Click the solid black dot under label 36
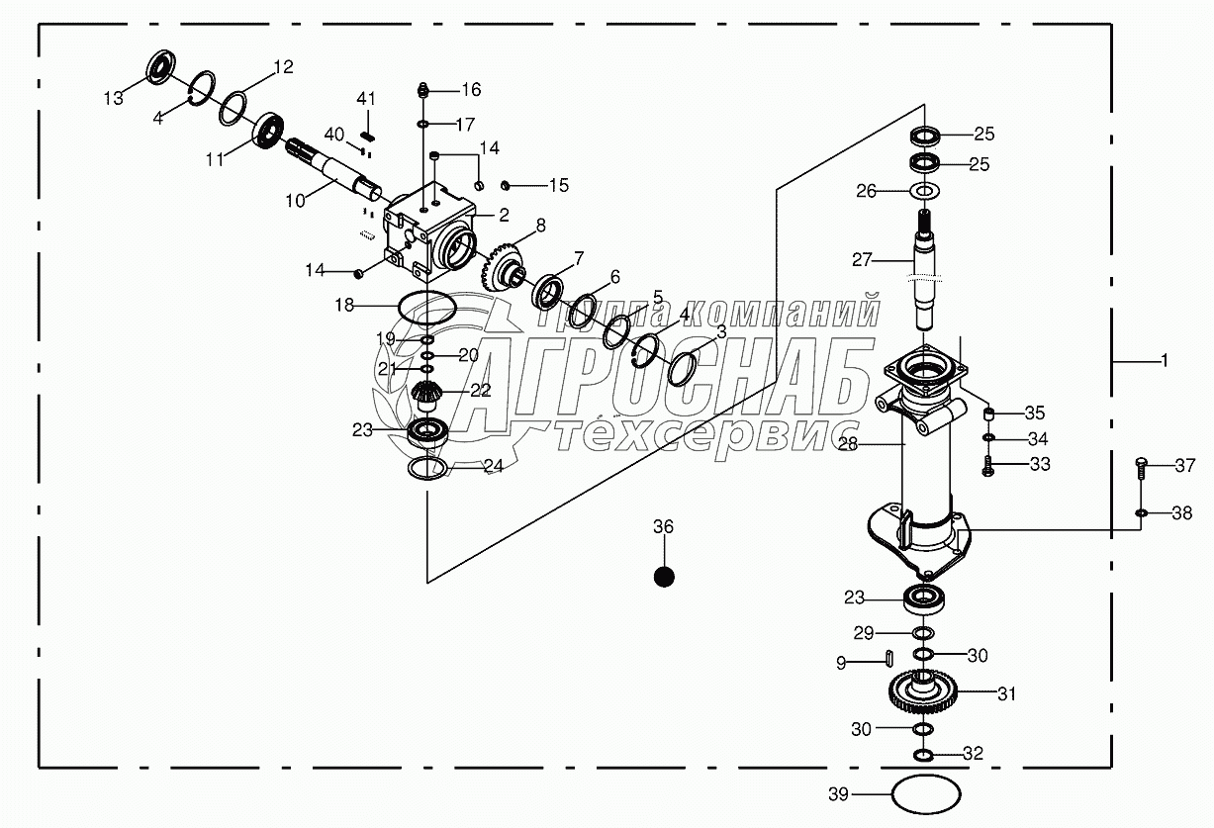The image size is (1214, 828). tap(664, 575)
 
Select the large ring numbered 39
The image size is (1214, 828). tap(926, 793)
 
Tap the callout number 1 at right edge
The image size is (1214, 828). tap(1165, 362)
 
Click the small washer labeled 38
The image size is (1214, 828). tap(1142, 513)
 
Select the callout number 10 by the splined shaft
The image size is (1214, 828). tap(295, 201)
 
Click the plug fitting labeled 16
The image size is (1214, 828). tap(422, 90)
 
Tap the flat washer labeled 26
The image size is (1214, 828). tap(924, 191)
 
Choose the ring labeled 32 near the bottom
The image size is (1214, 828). tap(922, 756)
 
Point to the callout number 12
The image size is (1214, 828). tap(283, 67)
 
